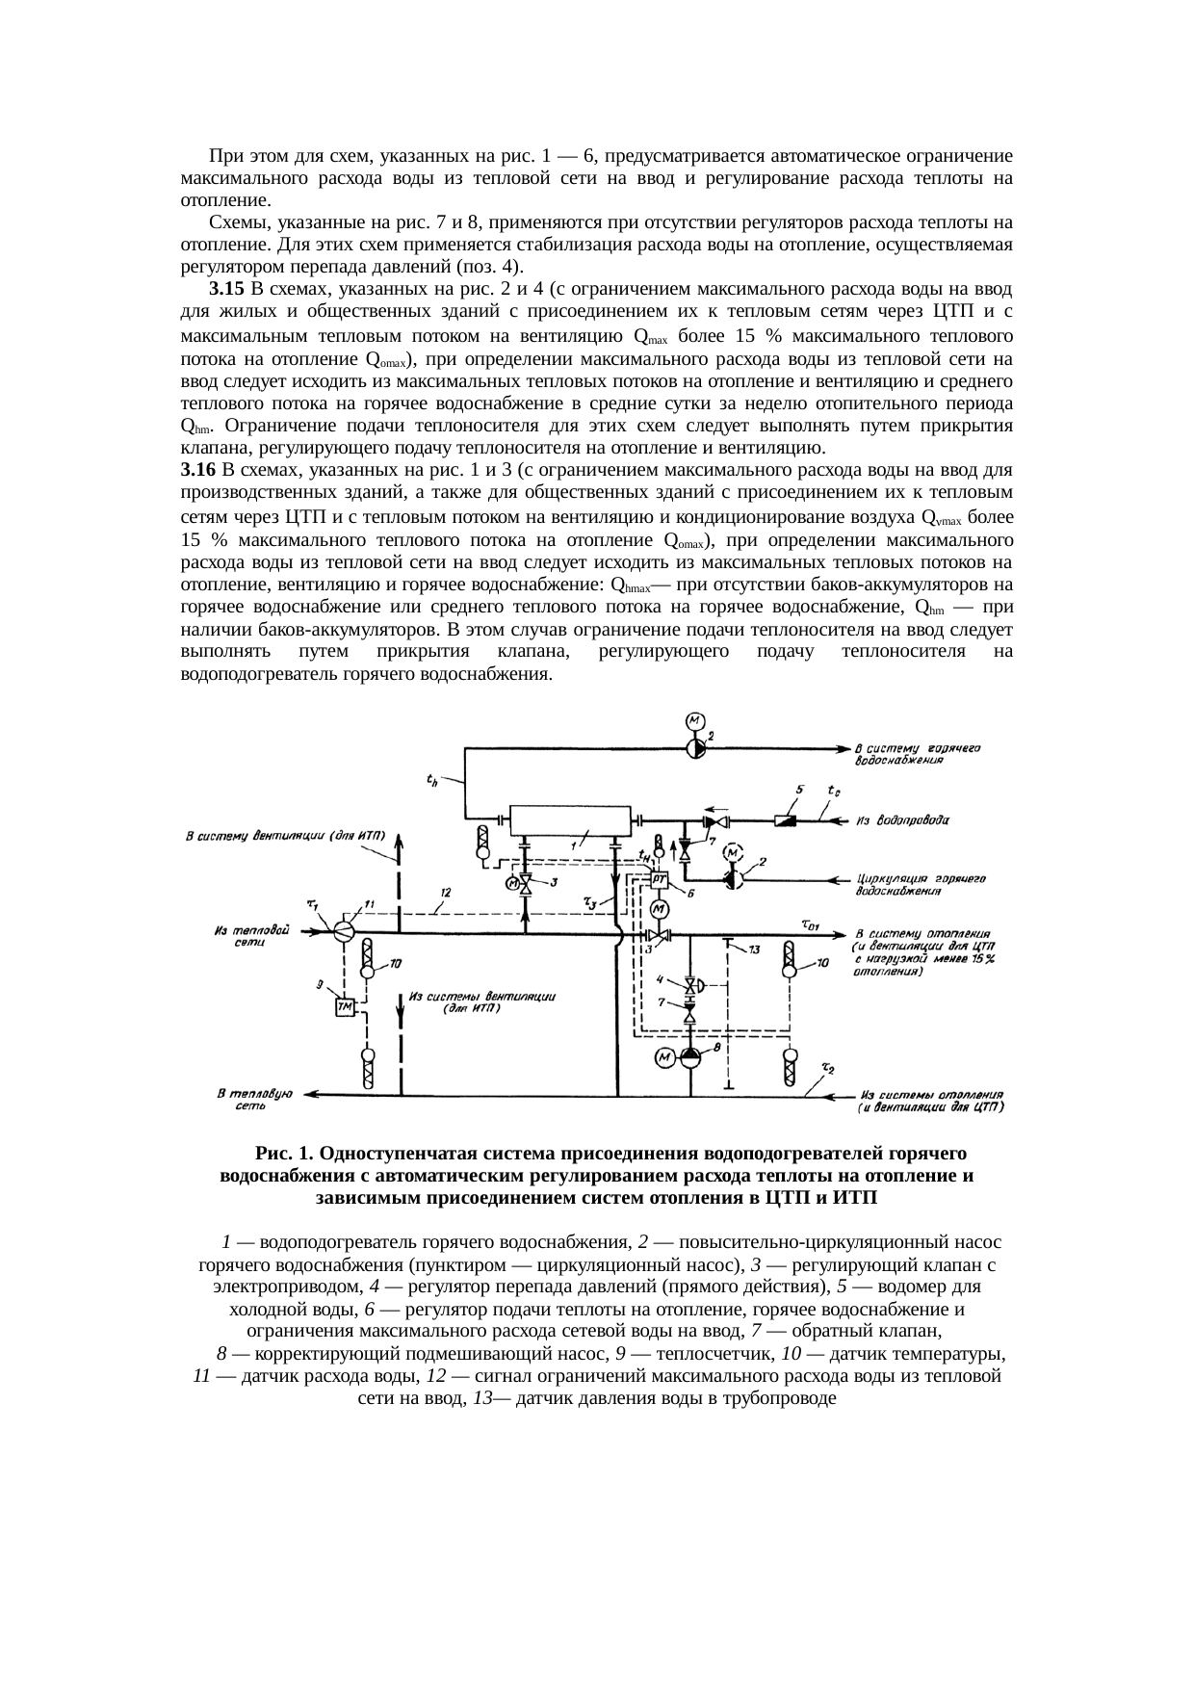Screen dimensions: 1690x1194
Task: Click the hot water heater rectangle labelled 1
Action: click(x=569, y=821)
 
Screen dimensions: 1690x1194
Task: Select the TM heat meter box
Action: click(x=345, y=1006)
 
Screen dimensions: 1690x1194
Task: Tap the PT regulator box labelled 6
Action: click(x=660, y=878)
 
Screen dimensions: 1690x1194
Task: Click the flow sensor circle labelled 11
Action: click(x=344, y=931)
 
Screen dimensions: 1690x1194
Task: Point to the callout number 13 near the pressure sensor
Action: click(x=754, y=950)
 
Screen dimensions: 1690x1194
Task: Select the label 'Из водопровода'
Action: click(x=902, y=821)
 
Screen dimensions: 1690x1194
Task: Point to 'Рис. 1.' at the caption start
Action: click(x=284, y=1153)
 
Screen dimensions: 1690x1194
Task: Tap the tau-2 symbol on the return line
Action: click(x=827, y=1069)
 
